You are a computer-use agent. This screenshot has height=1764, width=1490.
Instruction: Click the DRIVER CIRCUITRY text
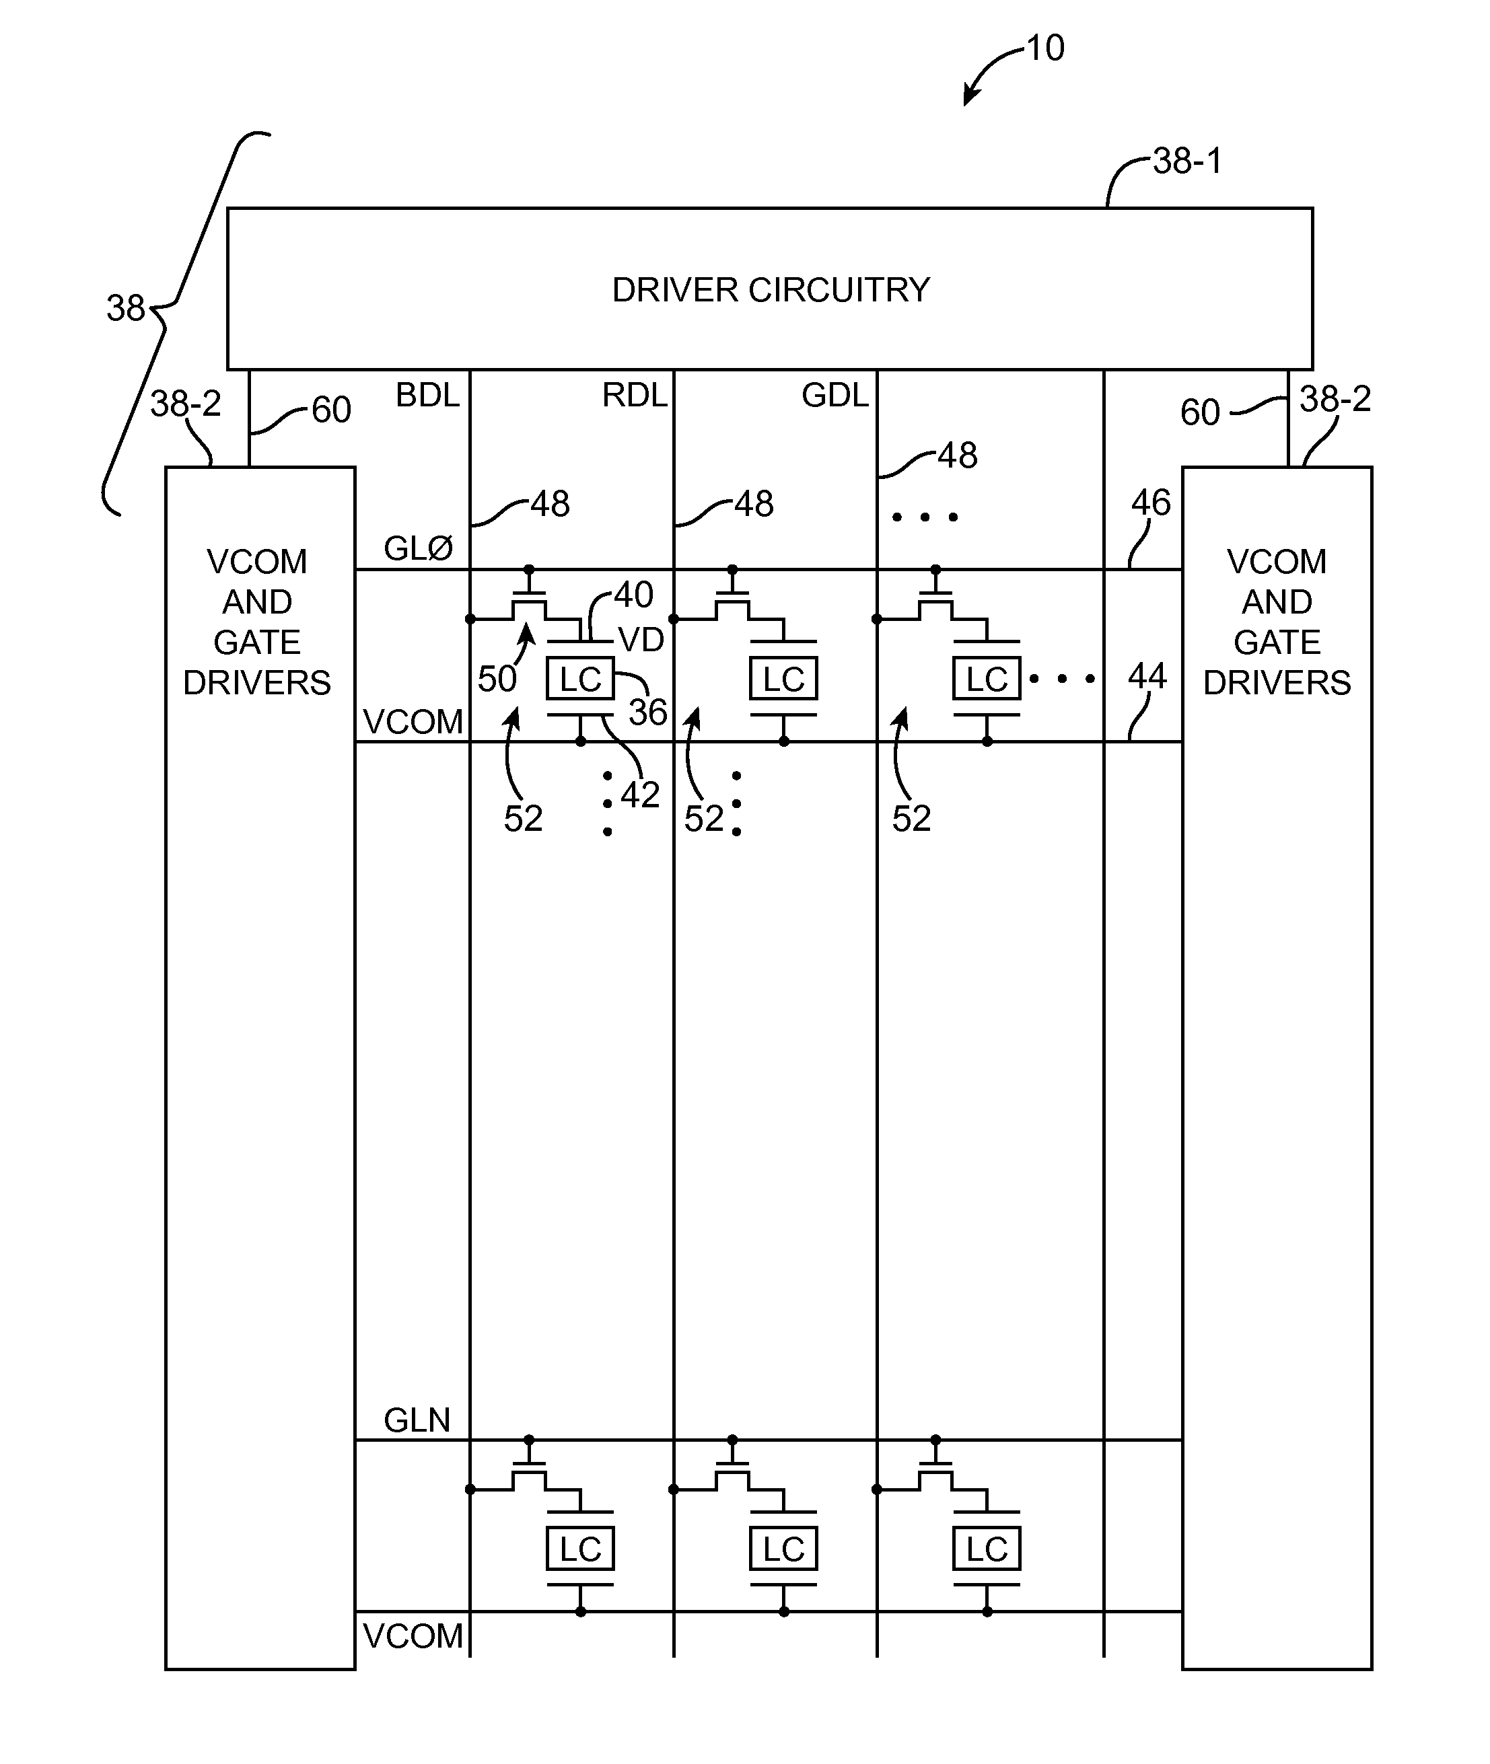[x=771, y=290]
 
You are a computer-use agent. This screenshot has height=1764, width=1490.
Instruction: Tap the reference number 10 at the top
[x=1046, y=48]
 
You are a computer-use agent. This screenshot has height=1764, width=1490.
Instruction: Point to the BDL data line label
[x=427, y=395]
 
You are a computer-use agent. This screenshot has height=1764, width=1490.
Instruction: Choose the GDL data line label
[x=835, y=395]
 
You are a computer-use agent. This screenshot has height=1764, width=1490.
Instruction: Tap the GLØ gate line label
[x=418, y=549]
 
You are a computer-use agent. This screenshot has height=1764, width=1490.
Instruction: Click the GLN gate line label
[x=417, y=1420]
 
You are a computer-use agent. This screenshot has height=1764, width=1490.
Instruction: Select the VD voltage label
[x=641, y=640]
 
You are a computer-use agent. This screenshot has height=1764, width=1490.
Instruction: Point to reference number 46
[x=1150, y=503]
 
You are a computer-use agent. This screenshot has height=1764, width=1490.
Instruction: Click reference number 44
[x=1147, y=676]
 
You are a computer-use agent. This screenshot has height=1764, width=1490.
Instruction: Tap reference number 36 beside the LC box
[x=648, y=712]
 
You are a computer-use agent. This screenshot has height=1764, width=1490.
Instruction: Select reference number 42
[x=639, y=795]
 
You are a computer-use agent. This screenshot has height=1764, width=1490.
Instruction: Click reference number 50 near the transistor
[x=497, y=679]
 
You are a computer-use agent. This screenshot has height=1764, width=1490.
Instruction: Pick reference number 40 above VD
[x=633, y=595]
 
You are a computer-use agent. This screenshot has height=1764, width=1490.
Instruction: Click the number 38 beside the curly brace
[x=126, y=308]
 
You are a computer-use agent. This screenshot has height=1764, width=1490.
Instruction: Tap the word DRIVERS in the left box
[x=257, y=682]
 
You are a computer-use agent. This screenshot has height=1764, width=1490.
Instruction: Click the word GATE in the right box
[x=1276, y=642]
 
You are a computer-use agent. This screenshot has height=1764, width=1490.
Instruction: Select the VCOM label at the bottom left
[x=413, y=1636]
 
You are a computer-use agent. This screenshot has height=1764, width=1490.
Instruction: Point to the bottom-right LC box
[x=987, y=1549]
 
